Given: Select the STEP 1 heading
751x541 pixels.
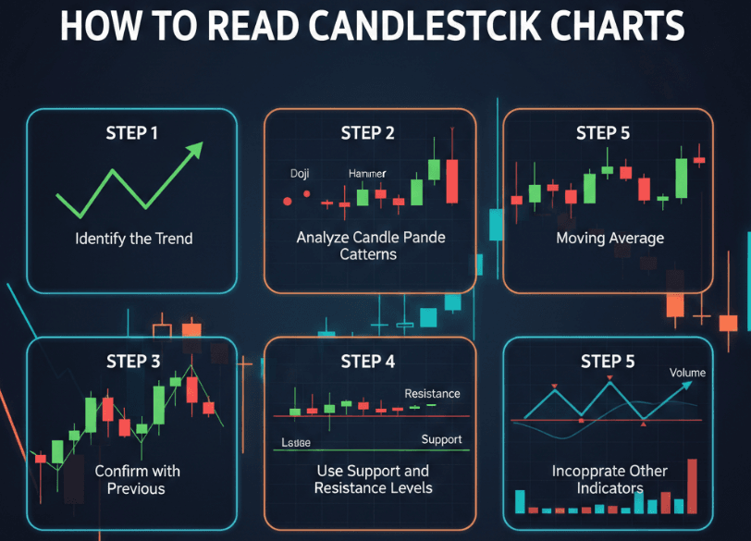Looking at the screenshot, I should (x=132, y=133).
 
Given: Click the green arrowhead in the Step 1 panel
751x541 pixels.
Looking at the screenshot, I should (x=194, y=152).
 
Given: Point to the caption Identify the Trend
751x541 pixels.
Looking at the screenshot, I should (x=134, y=239).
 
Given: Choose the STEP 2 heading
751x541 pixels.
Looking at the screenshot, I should (x=367, y=133).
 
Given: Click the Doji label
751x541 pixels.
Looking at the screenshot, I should (x=300, y=174).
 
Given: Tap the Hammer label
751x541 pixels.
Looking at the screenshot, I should (x=367, y=174).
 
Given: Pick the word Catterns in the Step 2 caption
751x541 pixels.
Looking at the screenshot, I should (x=370, y=253).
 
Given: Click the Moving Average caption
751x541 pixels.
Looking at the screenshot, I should (x=610, y=239).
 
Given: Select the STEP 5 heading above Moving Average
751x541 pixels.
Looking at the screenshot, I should (x=603, y=133).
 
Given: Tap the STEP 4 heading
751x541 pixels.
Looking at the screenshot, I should (x=367, y=362).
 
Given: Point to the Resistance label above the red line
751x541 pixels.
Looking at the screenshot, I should (x=432, y=394).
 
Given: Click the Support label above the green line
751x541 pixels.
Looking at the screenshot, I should (x=441, y=439).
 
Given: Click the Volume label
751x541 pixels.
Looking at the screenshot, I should (x=687, y=373).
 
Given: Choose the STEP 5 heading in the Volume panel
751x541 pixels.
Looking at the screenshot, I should (x=608, y=362).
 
